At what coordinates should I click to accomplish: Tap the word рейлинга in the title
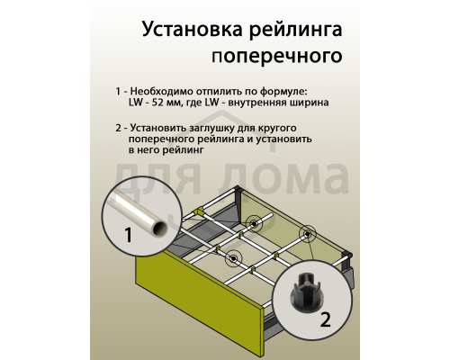pos(290,30)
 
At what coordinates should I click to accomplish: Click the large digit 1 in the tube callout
pos(127,238)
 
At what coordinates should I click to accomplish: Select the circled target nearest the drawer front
pos(234,259)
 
